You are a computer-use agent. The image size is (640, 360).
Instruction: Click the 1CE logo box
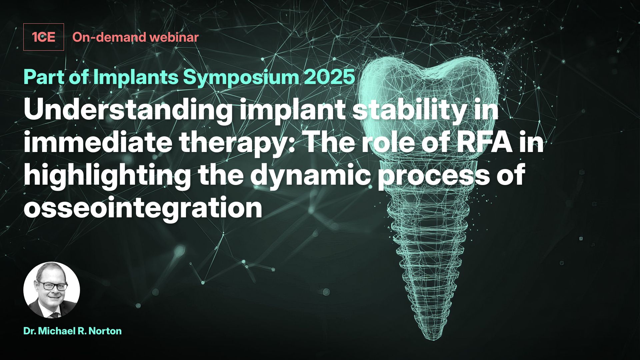click(x=43, y=37)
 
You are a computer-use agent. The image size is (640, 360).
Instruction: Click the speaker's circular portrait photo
click(x=52, y=290)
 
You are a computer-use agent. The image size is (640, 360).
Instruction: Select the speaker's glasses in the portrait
click(x=53, y=286)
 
